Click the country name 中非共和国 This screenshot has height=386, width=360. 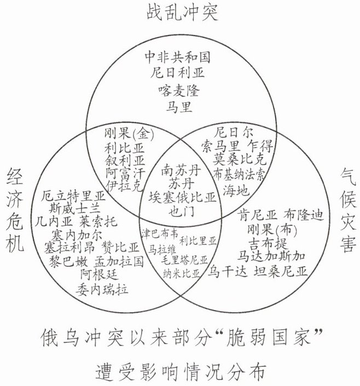point(177,57)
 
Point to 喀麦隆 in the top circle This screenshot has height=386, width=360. point(179,89)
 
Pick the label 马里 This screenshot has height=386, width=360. point(179,106)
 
